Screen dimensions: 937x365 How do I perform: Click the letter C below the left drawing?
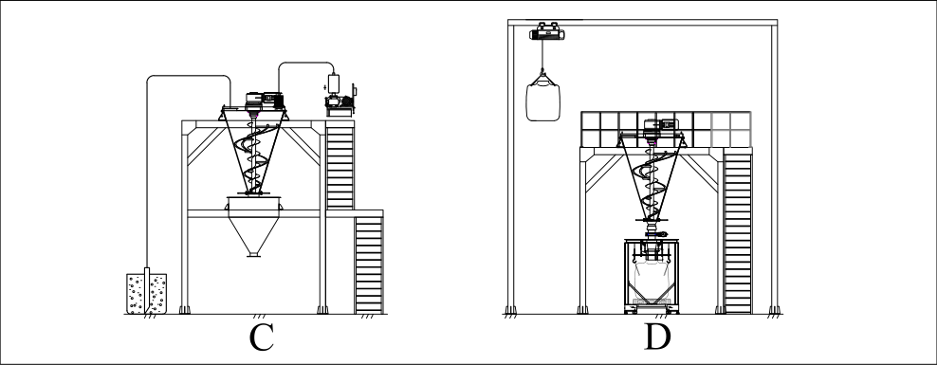click(x=261, y=338)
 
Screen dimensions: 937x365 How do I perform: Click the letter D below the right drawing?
click(x=657, y=337)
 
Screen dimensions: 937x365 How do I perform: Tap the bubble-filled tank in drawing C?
click(x=146, y=293)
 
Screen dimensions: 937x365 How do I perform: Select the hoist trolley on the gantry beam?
click(x=547, y=31)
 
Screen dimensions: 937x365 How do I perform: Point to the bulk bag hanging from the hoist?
click(x=542, y=100)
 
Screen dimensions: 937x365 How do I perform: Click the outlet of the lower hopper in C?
click(x=253, y=255)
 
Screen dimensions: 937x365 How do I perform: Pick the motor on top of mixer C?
click(x=265, y=100)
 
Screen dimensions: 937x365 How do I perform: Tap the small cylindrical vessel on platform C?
click(x=334, y=82)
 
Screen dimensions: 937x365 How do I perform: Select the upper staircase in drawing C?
click(x=340, y=165)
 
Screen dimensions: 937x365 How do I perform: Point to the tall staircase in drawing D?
click(x=738, y=230)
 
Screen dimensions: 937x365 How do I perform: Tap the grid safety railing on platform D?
click(x=667, y=130)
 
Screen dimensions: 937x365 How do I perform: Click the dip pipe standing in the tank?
click(x=147, y=290)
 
